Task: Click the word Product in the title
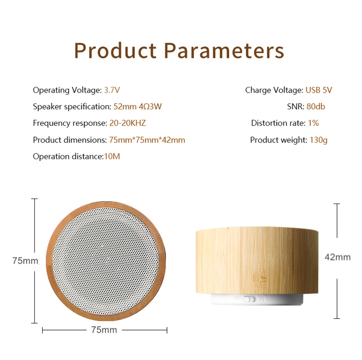115,51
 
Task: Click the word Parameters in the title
224,51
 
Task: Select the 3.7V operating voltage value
112,90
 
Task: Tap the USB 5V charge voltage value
319,90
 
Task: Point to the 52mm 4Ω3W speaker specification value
138,107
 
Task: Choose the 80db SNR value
316,107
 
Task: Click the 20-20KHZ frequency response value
128,123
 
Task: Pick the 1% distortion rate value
314,123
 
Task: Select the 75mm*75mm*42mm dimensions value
147,140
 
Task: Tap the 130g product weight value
319,140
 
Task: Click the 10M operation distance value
112,156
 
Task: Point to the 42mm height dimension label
338,257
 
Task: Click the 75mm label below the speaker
104,330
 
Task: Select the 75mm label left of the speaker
25,261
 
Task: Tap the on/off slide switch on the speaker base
249,299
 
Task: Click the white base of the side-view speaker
257,299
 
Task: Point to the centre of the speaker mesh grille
106,261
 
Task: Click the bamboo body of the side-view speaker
257,261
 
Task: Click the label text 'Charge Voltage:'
274,90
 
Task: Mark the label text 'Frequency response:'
70,123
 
